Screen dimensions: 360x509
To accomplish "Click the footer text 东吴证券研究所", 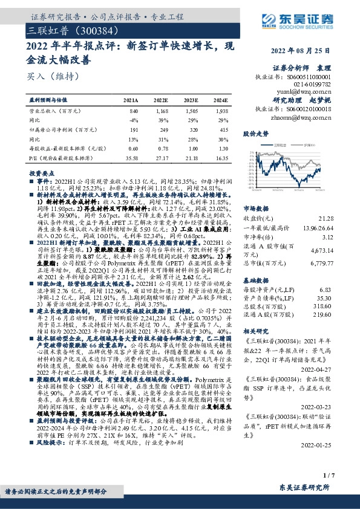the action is (315, 488).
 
